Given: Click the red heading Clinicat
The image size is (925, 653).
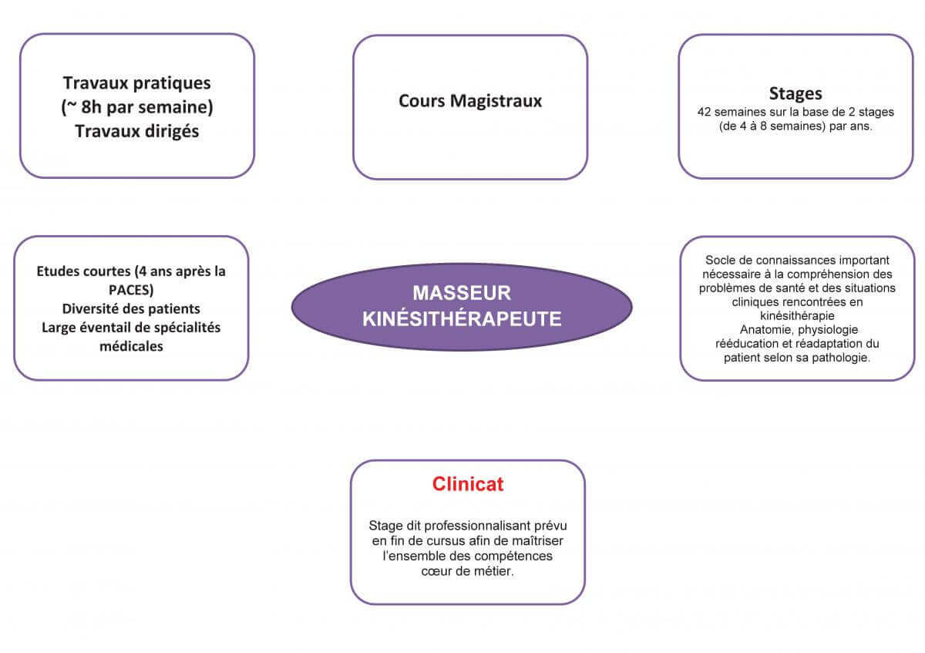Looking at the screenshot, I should (x=468, y=484).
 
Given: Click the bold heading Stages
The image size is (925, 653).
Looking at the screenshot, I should (x=795, y=94).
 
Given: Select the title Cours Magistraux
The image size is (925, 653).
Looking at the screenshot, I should (x=470, y=101).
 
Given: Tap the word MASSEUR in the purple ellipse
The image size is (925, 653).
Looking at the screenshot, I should (x=462, y=293).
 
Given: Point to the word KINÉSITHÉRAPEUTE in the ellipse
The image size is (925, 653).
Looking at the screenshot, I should (x=462, y=318).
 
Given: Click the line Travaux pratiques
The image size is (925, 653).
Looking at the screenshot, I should (x=137, y=82).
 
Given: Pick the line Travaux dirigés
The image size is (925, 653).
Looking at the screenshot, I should (x=137, y=131).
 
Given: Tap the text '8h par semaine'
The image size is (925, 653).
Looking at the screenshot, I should (x=143, y=107).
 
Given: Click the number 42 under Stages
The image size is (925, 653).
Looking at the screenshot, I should (x=703, y=112).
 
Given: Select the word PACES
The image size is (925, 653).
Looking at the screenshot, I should (x=131, y=291).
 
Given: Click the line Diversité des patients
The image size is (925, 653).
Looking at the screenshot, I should (x=131, y=309).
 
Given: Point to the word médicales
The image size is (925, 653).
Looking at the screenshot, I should (x=131, y=346).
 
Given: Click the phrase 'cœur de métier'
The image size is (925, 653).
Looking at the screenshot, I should (x=467, y=571).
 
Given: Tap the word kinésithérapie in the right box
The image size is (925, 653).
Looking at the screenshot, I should (x=797, y=316).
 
